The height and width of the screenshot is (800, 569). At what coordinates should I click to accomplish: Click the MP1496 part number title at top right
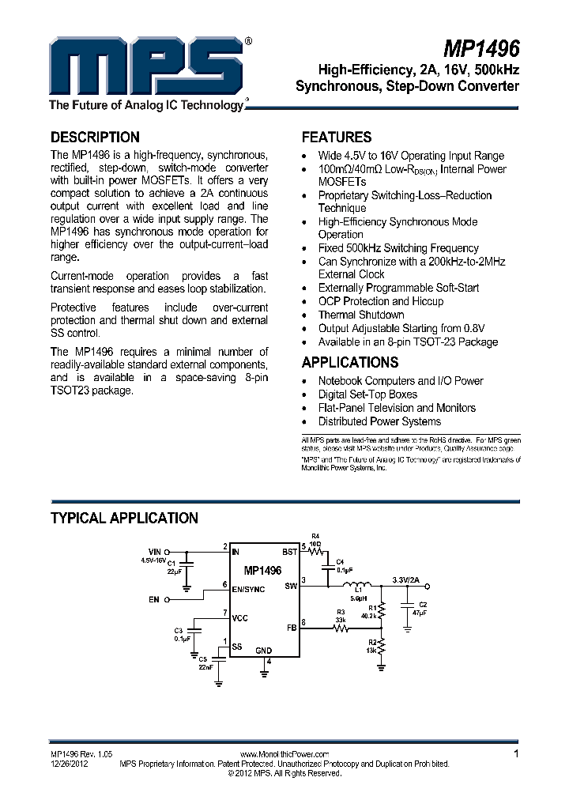[x=485, y=49]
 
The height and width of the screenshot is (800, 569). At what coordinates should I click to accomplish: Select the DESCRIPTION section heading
[x=95, y=137]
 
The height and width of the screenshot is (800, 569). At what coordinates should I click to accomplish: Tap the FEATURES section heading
[x=337, y=137]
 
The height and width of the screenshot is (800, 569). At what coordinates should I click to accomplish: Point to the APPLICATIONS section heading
[x=350, y=362]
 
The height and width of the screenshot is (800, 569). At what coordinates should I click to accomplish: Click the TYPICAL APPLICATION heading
[x=124, y=518]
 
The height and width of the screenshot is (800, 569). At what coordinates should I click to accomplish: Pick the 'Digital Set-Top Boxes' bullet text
[x=367, y=394]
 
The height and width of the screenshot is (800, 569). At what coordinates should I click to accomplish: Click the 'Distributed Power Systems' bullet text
[x=379, y=421]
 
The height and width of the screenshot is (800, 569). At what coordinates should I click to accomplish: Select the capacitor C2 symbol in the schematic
[x=408, y=609]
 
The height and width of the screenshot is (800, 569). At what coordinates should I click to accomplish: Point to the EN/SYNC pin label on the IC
[x=248, y=590]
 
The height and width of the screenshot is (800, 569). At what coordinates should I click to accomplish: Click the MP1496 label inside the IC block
[x=262, y=570]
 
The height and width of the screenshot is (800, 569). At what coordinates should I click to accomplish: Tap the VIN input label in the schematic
[x=154, y=551]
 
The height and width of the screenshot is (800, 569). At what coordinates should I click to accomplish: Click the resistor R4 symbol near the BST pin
[x=320, y=551]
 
